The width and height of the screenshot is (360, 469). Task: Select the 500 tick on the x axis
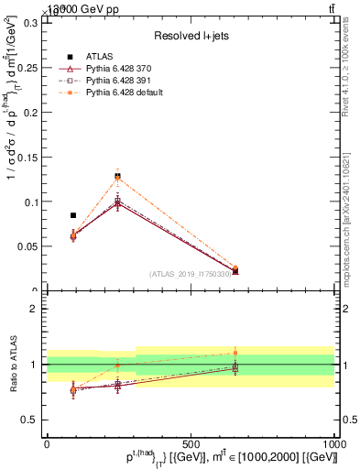(191, 442)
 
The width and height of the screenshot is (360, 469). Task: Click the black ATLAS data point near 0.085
(73, 215)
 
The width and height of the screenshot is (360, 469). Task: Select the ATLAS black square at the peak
(117, 176)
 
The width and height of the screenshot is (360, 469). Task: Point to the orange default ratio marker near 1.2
(235, 353)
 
